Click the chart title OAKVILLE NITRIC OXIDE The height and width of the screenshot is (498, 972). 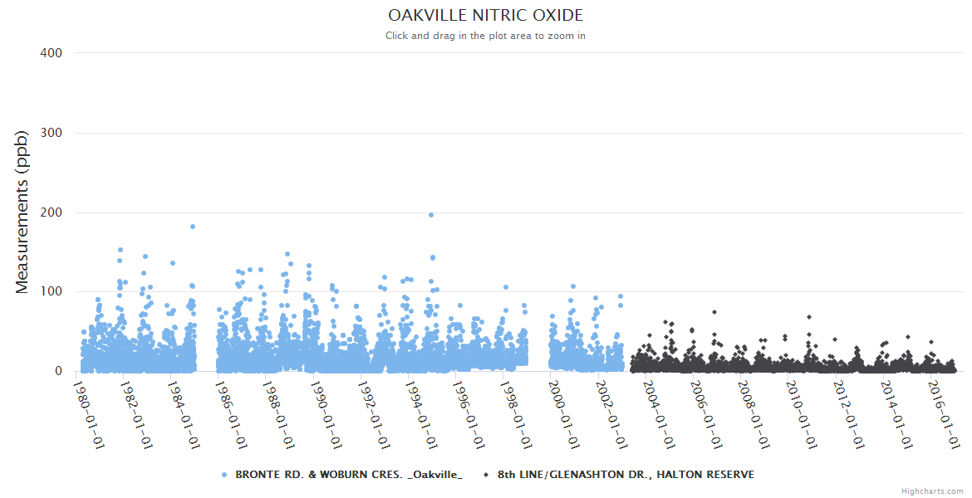(486, 16)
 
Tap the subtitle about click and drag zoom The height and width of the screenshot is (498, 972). (486, 36)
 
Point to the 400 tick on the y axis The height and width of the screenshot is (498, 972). (52, 53)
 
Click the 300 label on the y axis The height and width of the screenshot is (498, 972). (52, 133)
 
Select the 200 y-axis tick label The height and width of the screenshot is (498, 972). (52, 212)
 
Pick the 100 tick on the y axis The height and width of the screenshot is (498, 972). (52, 292)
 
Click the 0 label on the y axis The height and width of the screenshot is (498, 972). (58, 371)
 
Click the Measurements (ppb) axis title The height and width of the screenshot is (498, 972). (22, 212)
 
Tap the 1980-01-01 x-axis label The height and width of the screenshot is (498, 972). (90, 413)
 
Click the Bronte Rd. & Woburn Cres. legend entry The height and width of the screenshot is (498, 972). (348, 475)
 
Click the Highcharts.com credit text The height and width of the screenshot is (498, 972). (932, 491)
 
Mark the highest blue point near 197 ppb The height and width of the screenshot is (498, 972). (430, 215)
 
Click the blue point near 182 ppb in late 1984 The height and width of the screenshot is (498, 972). (193, 227)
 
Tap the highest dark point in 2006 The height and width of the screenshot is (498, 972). (714, 312)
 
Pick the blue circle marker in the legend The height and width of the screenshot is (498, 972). (225, 475)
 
